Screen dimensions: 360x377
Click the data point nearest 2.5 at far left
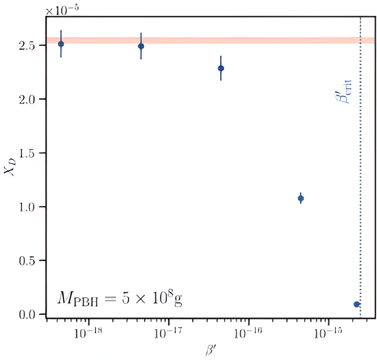click(61, 44)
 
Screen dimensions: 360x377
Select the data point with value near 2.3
click(221, 68)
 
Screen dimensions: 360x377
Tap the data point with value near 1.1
click(301, 198)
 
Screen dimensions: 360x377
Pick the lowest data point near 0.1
click(356, 304)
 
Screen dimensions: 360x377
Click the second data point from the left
click(141, 46)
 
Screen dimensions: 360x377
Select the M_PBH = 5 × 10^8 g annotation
click(120, 298)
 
